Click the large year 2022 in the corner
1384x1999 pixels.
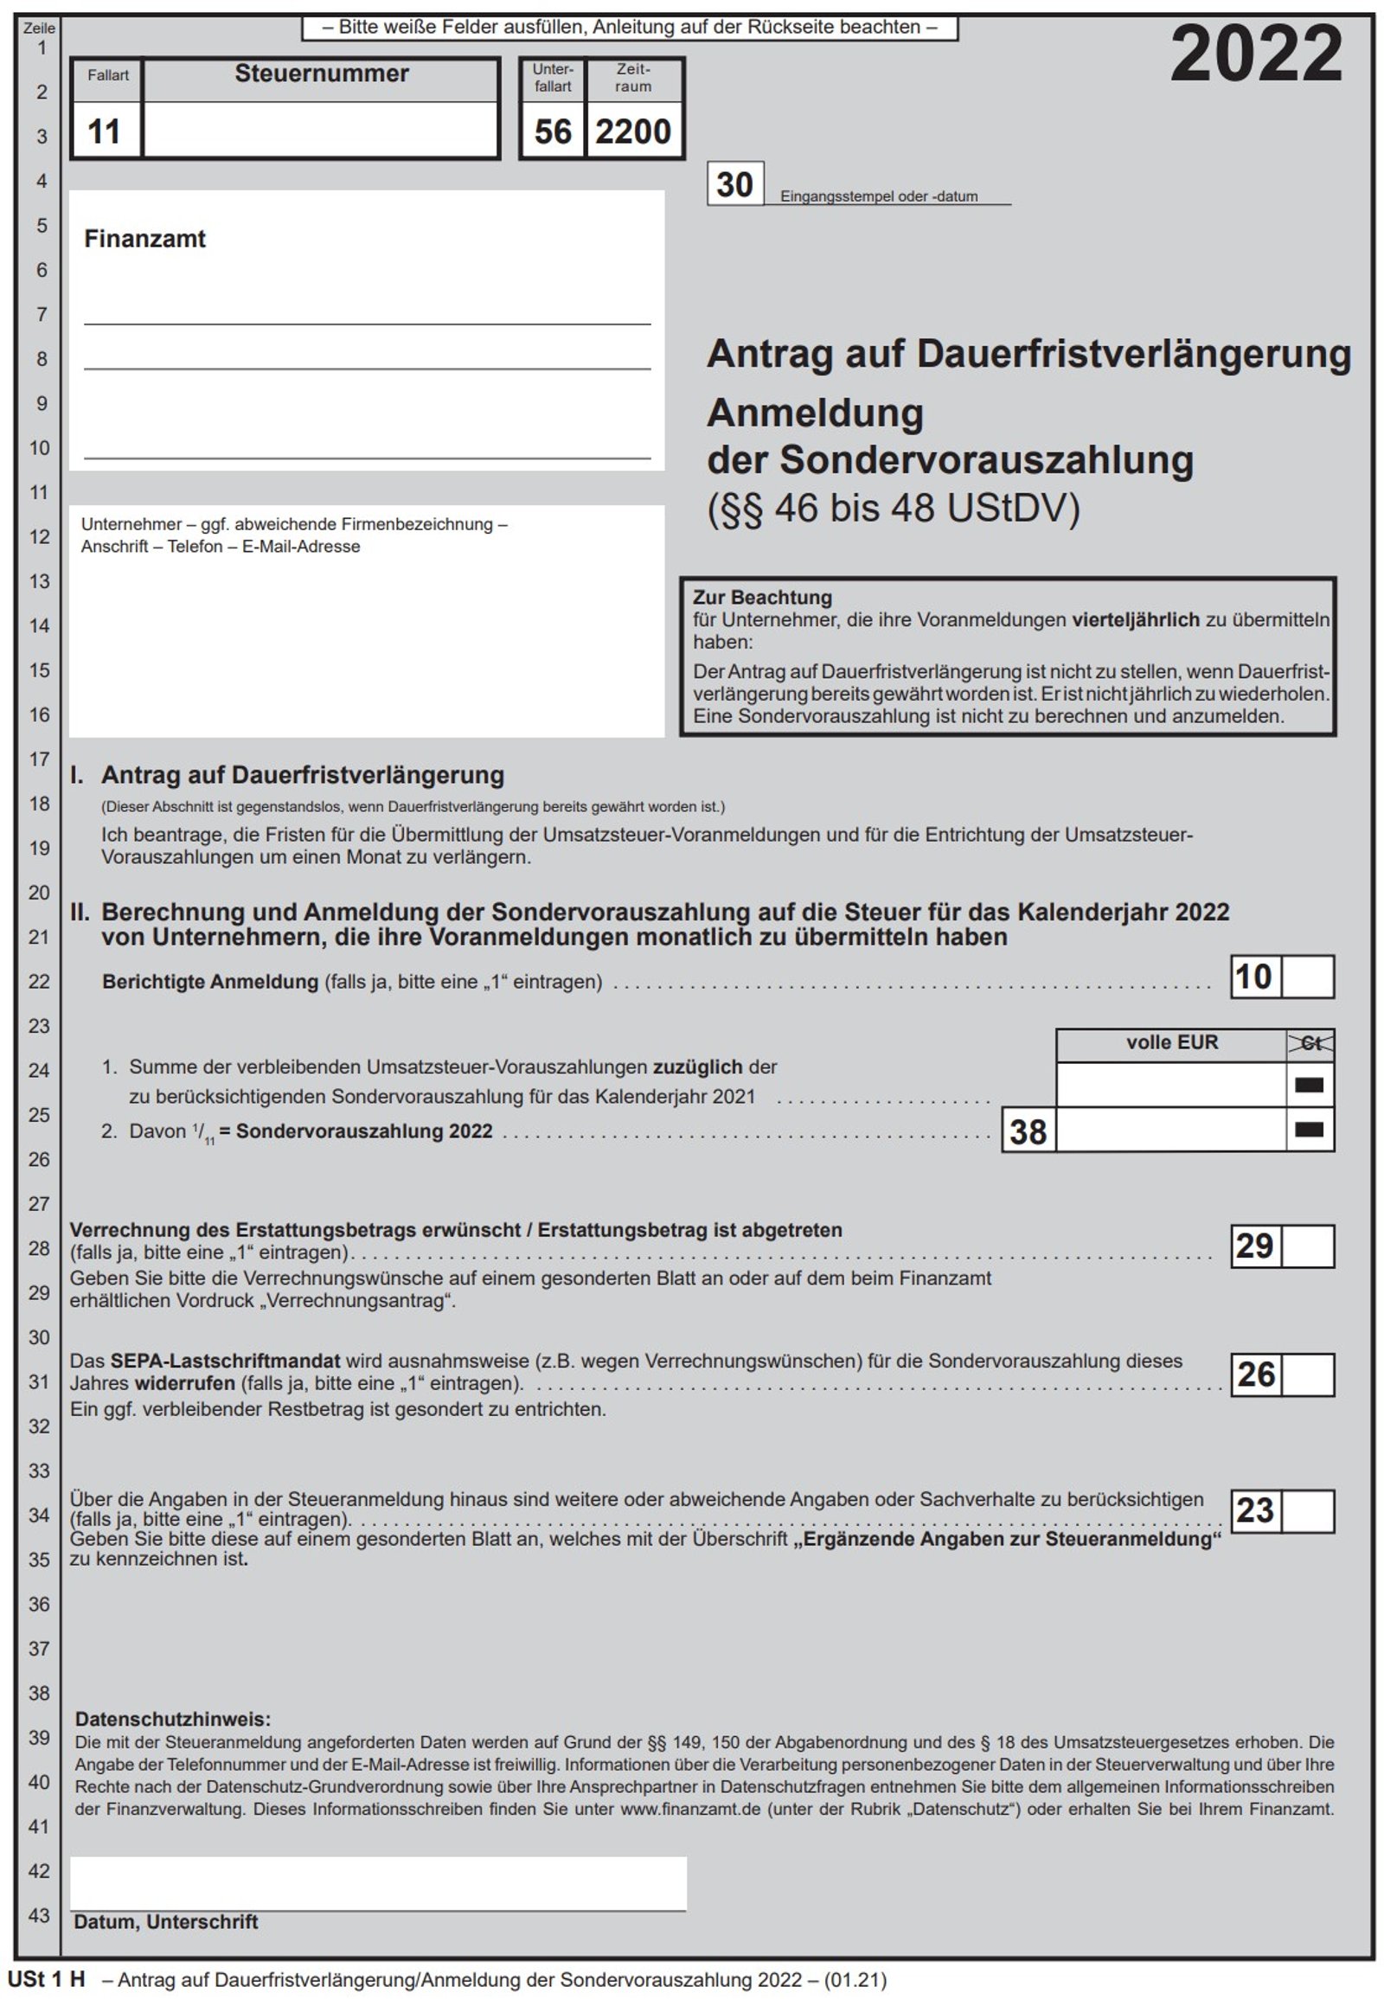pos(1256,54)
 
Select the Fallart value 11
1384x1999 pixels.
pos(104,131)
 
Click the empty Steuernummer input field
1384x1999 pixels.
pos(321,130)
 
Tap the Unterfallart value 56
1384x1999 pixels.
pos(553,131)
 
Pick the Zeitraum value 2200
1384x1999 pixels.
pos(633,131)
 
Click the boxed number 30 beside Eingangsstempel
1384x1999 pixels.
pos(734,184)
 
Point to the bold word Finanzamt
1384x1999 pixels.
pos(144,240)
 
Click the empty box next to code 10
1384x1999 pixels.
pos(1307,977)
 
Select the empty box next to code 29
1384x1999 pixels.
pos(1307,1246)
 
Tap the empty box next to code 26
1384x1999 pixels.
pos(1307,1374)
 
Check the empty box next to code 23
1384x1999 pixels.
pos(1307,1511)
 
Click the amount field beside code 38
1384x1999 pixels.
pos(1169,1130)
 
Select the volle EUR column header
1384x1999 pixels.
pos(1170,1042)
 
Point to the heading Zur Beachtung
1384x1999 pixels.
pos(761,598)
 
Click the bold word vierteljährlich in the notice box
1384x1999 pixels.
pos(1135,620)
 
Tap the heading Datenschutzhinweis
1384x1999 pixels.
pos(172,1719)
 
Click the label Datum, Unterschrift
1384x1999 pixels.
pos(165,1922)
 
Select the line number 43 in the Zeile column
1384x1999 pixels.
pos(39,1915)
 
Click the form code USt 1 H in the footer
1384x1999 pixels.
pos(47,1980)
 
